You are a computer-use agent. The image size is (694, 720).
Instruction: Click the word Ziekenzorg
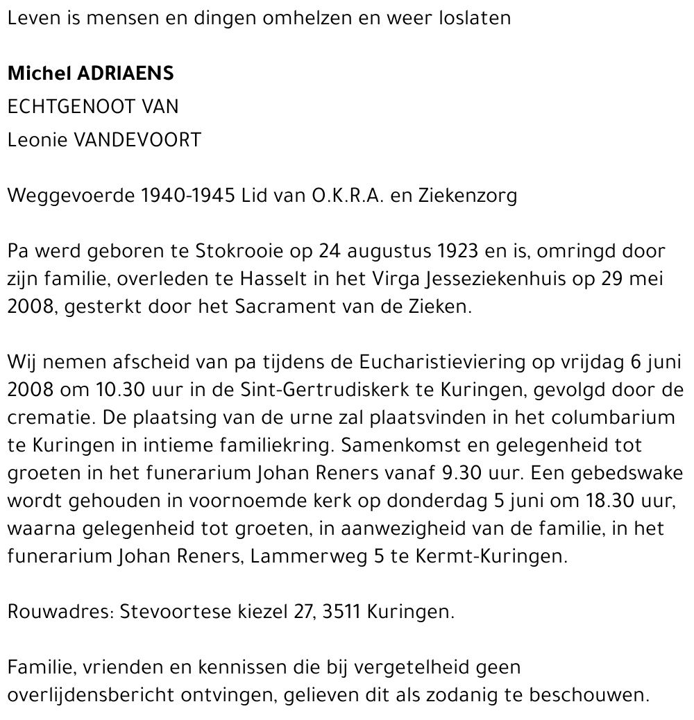[468, 196]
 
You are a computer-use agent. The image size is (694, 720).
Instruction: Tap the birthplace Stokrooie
[237, 251]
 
